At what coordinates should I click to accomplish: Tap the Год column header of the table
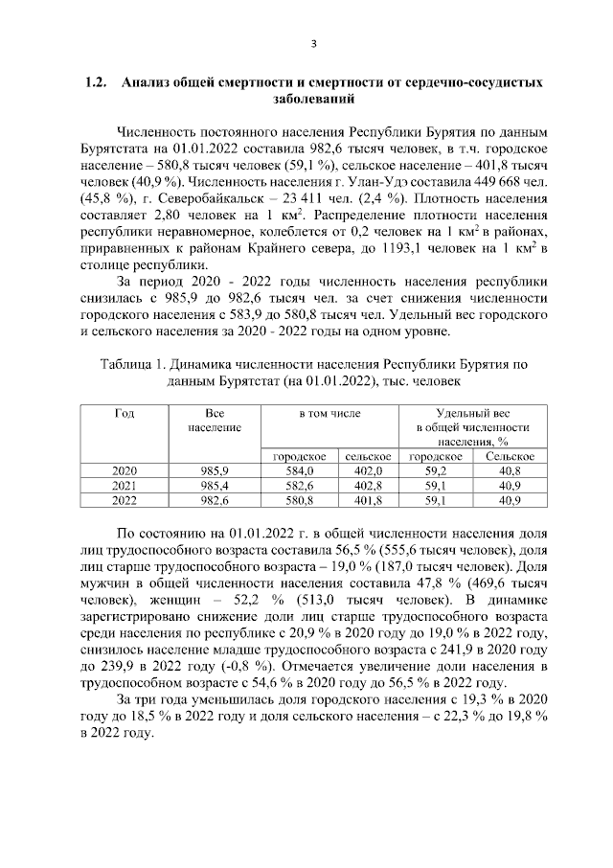[x=124, y=412]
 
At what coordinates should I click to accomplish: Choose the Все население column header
[x=213, y=419]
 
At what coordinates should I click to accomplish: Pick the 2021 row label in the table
[x=124, y=486]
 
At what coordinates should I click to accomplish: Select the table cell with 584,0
[x=301, y=471]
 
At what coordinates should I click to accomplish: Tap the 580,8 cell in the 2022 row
[x=301, y=500]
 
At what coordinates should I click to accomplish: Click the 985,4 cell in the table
[x=213, y=486]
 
